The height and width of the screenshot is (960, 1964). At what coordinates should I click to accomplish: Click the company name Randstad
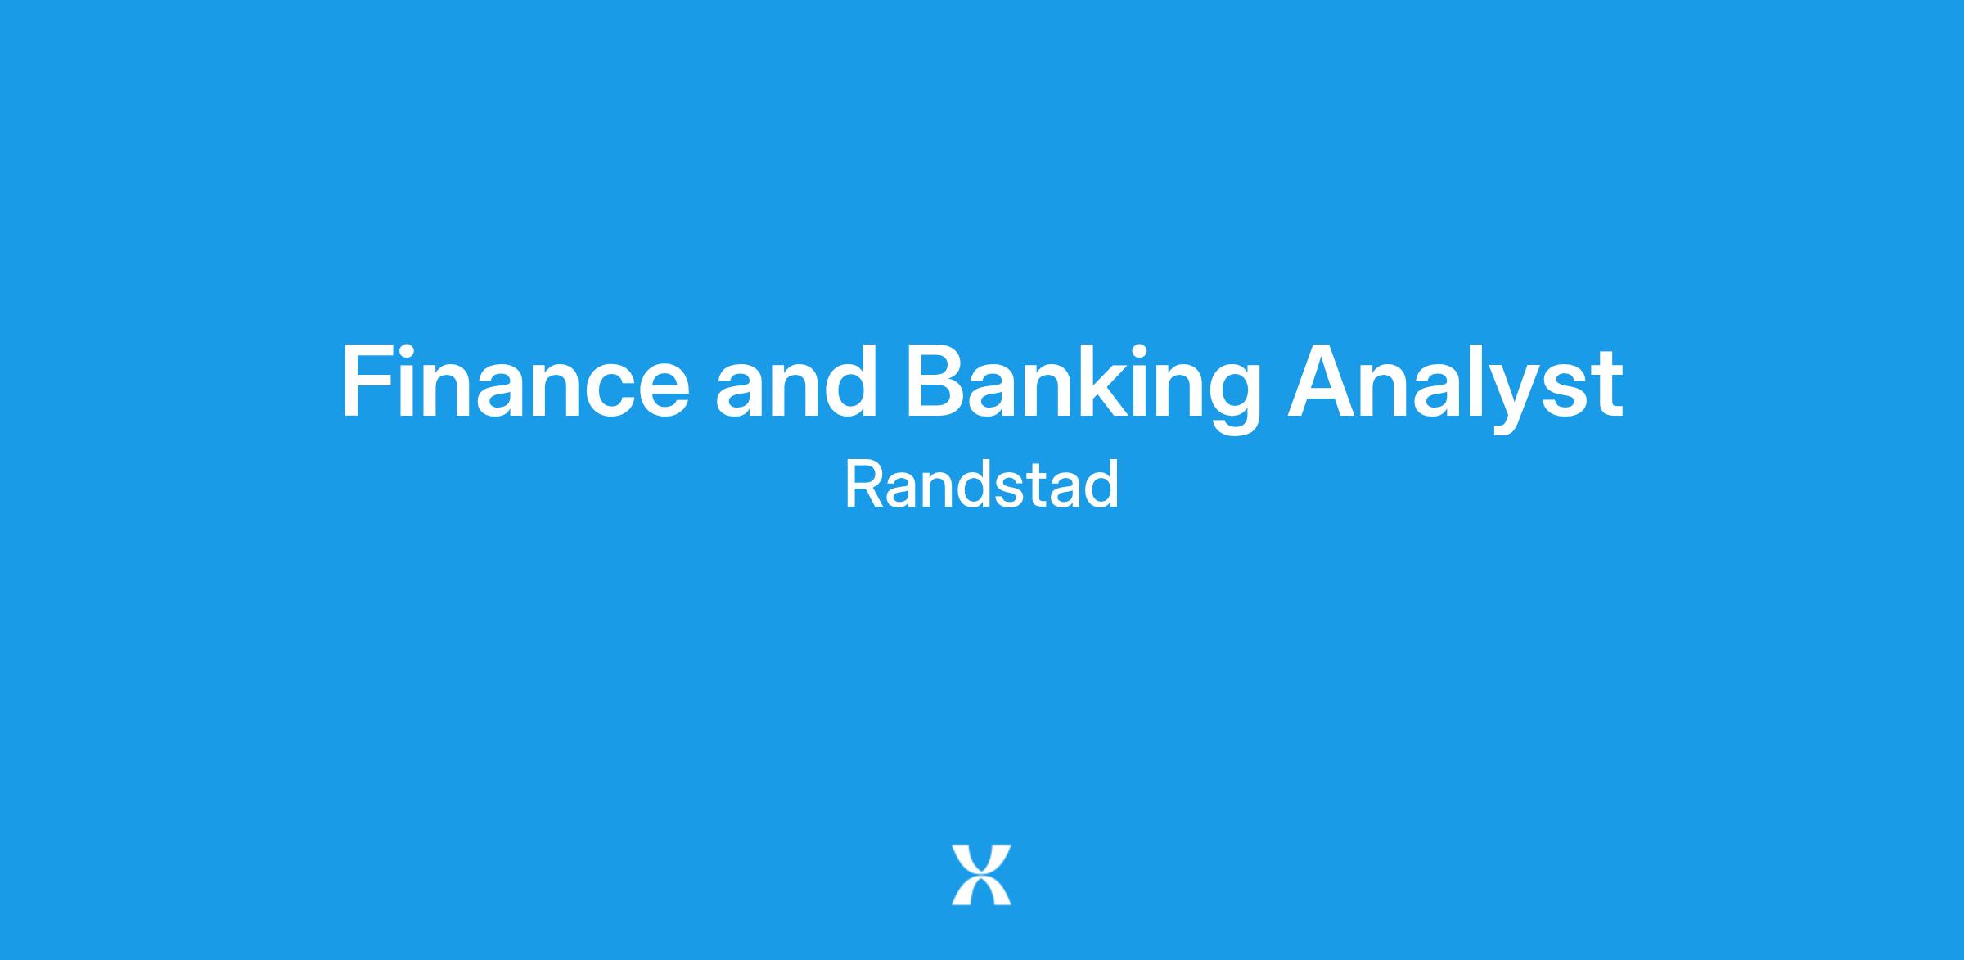pos(981,485)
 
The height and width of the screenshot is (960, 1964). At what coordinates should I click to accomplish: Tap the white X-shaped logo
pos(981,875)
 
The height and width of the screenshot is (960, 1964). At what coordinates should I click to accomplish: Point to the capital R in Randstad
pos(864,485)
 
